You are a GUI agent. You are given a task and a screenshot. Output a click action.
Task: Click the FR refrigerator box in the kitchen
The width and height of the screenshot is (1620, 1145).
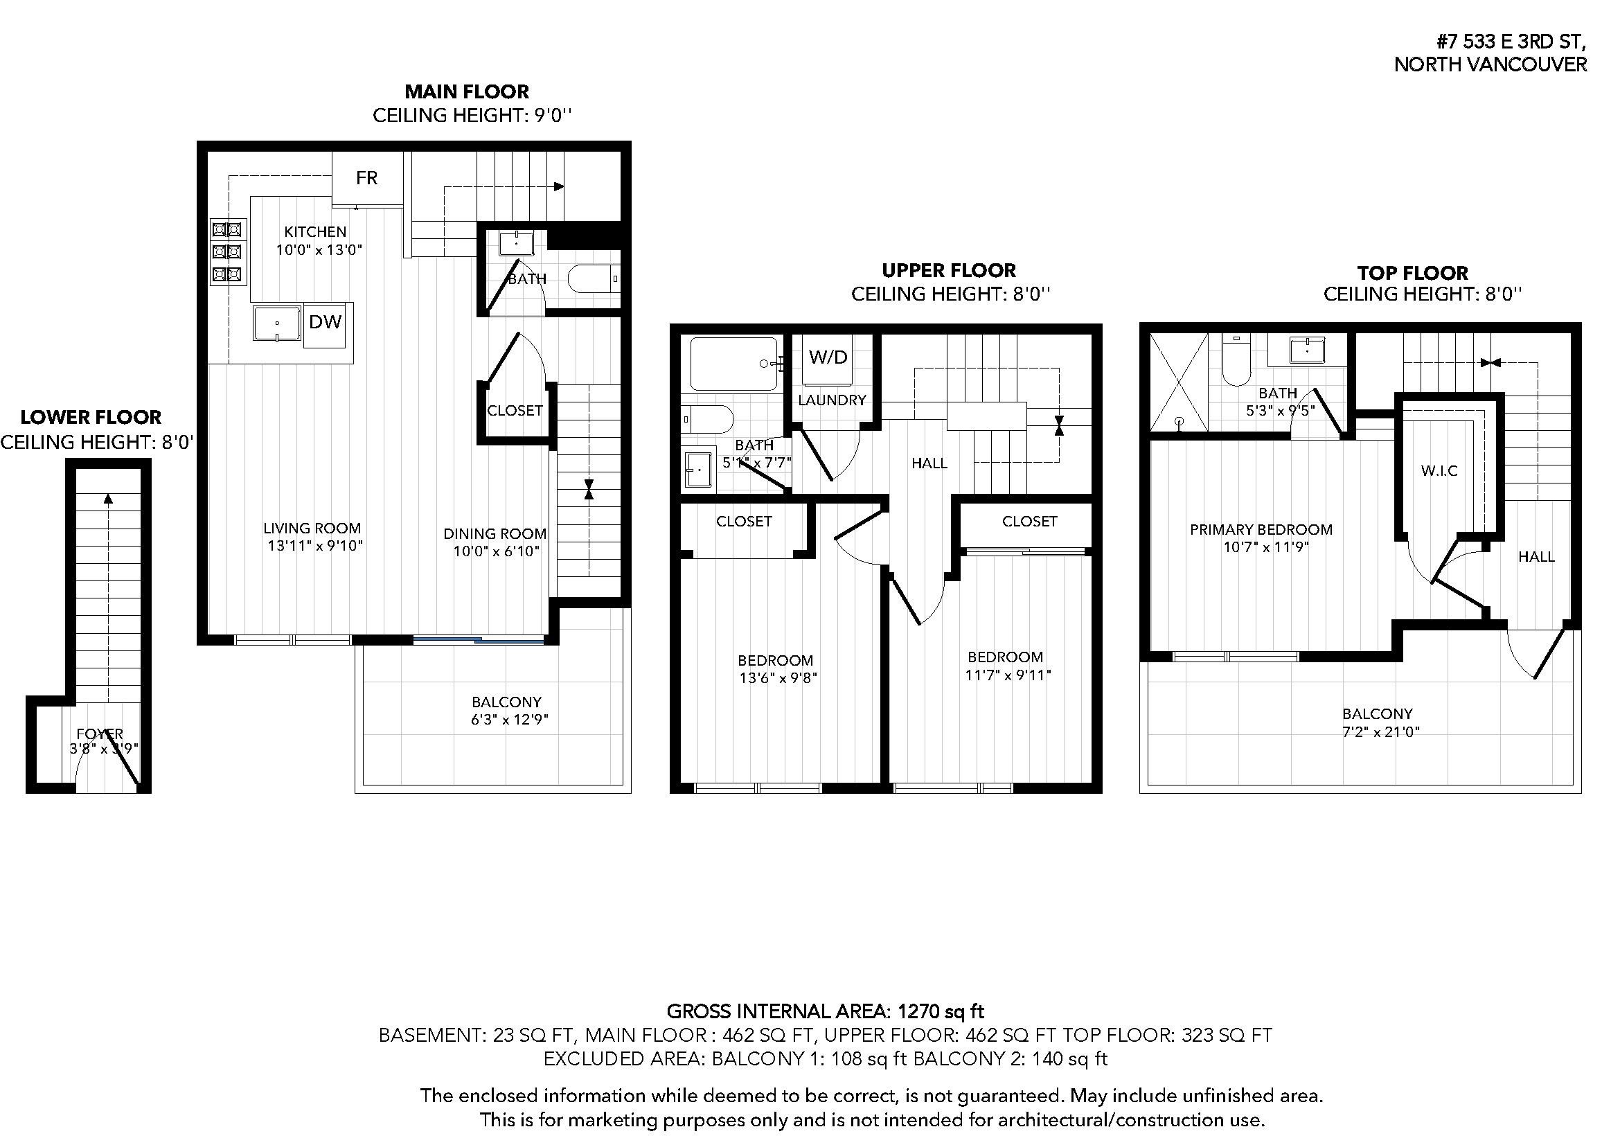pos(367,178)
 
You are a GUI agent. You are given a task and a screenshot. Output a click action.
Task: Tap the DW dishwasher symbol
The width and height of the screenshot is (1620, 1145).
pos(326,322)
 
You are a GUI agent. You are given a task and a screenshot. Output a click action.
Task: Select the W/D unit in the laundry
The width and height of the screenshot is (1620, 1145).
pos(828,357)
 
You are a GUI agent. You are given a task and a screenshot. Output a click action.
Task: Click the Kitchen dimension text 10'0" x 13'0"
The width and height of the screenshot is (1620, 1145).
pos(319,250)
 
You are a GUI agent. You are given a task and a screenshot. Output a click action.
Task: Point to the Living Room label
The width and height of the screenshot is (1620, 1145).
pos(312,528)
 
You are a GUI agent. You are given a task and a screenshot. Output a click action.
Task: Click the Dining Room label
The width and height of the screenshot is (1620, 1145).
pos(495,533)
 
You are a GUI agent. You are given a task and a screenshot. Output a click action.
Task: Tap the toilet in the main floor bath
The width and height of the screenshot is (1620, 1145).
pos(592,279)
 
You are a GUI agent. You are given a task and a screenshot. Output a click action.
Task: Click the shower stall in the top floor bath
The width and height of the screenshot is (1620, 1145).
pos(1178,382)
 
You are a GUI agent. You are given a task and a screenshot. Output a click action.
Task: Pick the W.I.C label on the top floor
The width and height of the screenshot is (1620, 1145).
pos(1439,470)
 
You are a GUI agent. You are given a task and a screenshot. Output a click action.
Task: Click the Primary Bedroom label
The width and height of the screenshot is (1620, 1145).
pos(1261,529)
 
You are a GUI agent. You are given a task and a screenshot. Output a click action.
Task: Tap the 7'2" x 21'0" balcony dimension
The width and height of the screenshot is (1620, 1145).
pos(1380,732)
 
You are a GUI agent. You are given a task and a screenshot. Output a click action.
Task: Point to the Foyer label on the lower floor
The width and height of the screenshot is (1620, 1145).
pos(100,734)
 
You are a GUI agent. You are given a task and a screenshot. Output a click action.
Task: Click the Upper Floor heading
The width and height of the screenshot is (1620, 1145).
pos(948,270)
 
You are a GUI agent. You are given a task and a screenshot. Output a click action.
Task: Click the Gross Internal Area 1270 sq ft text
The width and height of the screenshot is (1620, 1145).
pos(825,1011)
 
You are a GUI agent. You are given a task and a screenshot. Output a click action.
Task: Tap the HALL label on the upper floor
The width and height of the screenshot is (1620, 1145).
pos(929,463)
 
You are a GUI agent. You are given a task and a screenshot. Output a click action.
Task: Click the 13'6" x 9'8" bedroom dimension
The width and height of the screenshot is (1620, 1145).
pos(778,678)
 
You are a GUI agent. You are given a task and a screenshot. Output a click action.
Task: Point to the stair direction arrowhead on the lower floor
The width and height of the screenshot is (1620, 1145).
pos(108,499)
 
